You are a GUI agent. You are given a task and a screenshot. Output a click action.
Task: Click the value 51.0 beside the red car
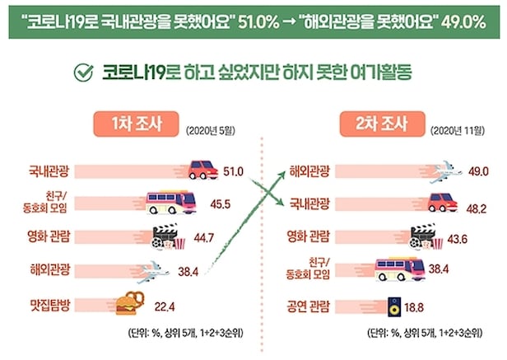[x=235, y=171]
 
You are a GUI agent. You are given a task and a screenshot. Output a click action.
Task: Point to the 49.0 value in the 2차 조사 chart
[x=478, y=171]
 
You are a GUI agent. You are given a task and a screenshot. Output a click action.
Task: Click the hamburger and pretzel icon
[x=133, y=304]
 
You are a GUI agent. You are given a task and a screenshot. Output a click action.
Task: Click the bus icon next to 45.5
[x=170, y=201]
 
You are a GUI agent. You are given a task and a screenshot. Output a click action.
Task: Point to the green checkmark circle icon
[x=83, y=72]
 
